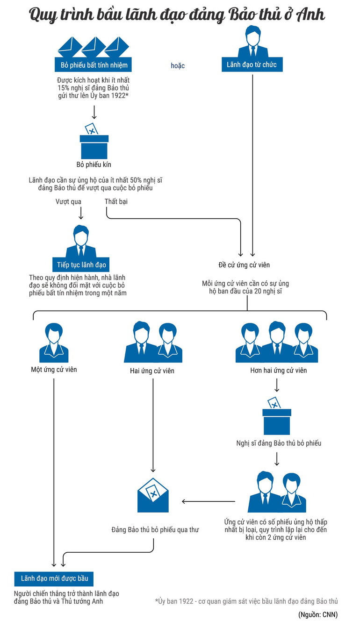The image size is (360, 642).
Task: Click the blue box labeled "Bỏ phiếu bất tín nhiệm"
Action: (x=94, y=64)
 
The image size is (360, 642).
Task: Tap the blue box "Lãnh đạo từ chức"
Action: (x=252, y=64)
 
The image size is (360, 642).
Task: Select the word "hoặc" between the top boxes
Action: (x=178, y=66)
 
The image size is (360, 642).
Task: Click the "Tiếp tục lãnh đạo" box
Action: (x=81, y=265)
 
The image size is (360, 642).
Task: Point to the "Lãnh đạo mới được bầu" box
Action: (x=54, y=578)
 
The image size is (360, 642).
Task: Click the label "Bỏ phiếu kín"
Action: (x=94, y=165)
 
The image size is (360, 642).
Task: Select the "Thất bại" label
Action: (x=116, y=202)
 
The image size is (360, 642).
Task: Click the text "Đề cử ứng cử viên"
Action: (x=244, y=265)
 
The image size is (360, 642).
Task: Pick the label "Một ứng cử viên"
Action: (x=54, y=370)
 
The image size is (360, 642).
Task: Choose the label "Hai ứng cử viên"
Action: (x=152, y=371)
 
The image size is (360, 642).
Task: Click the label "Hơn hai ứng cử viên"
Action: (x=279, y=371)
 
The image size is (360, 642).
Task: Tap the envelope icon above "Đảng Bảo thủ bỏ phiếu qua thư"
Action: (x=153, y=495)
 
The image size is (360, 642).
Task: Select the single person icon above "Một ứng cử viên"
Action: (x=54, y=343)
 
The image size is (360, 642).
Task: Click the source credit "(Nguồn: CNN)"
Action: (x=318, y=615)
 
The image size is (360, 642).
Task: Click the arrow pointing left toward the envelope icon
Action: (x=208, y=501)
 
